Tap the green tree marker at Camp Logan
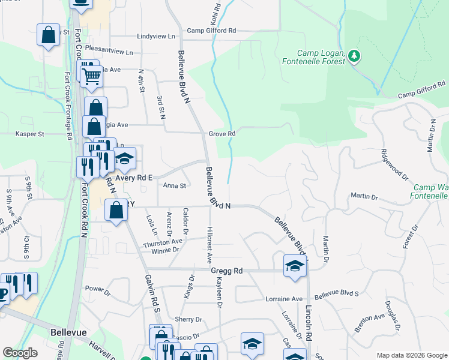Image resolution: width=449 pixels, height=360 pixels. tap(355, 56)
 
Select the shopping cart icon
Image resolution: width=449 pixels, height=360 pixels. tap(91, 76)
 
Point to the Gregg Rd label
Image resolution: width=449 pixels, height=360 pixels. tap(226, 271)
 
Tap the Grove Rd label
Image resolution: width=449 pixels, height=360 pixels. tap(221, 133)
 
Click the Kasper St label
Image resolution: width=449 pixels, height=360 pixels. tap(32, 134)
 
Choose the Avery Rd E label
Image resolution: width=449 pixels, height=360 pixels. tap(134, 178)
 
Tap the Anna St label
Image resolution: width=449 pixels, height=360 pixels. tap(175, 186)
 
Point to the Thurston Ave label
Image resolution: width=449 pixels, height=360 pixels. tap(162, 241)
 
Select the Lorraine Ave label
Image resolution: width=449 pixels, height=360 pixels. tap(284, 299)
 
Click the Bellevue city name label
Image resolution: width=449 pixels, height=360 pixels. tap(69, 332)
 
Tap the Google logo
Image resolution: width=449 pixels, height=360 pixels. tap(20, 353)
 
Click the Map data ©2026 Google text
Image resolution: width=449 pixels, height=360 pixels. tap(412, 355)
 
